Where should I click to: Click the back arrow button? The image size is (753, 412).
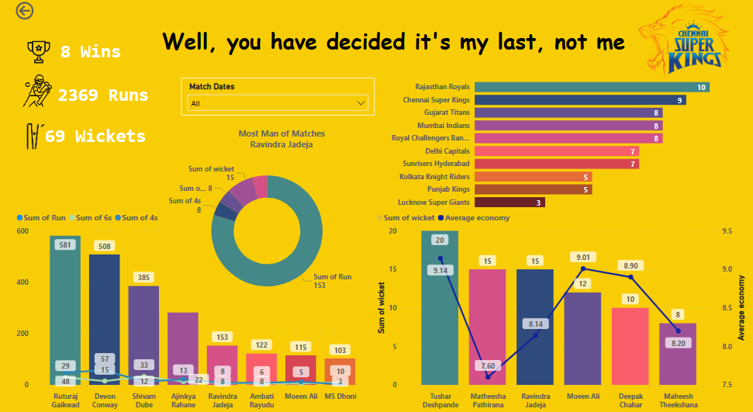click(x=25, y=11)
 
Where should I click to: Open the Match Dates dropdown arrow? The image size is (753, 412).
click(x=361, y=103)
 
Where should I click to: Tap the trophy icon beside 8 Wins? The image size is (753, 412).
click(x=37, y=51)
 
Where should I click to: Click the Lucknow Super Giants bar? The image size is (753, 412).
click(x=509, y=203)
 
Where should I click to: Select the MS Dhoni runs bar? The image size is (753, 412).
click(x=340, y=371)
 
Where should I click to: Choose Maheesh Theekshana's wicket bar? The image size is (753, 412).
click(x=678, y=353)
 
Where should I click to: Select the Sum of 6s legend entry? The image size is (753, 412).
click(x=95, y=218)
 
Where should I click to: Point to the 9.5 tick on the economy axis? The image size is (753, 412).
click(x=728, y=231)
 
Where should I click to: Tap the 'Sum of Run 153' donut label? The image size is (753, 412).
click(x=333, y=281)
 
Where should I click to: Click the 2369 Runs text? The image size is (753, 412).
click(x=102, y=95)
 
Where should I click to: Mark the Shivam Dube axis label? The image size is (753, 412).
click(x=143, y=400)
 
